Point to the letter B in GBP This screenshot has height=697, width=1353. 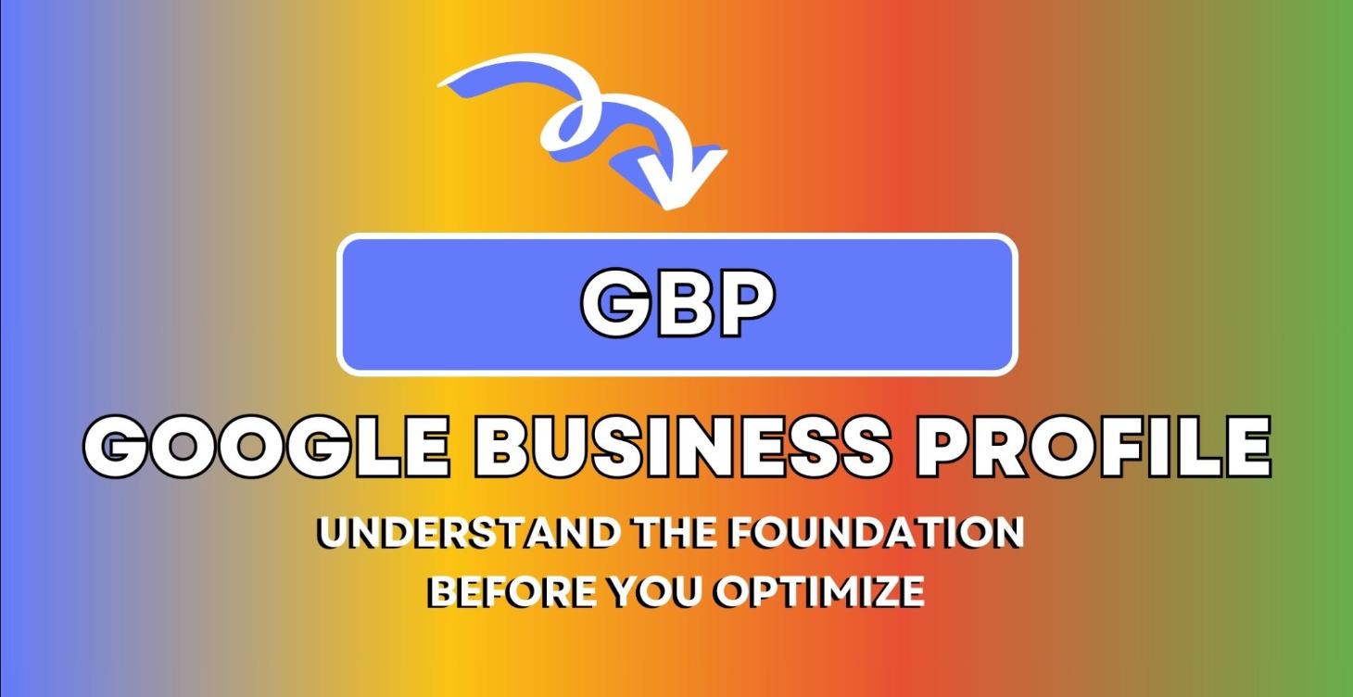[680, 304]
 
